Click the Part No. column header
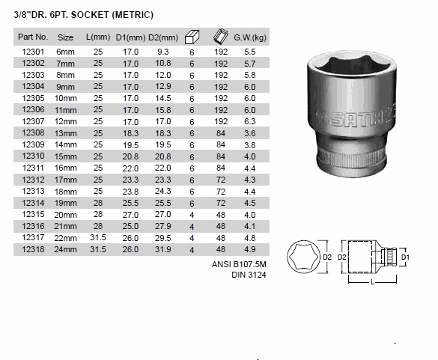point(33,37)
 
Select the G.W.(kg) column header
point(250,37)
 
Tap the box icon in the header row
point(192,37)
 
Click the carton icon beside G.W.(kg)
point(221,37)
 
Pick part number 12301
point(33,52)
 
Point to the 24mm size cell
point(65,249)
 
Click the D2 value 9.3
point(163,52)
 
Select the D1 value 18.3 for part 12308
point(130,133)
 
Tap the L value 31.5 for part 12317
point(98,237)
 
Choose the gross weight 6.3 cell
point(250,121)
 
